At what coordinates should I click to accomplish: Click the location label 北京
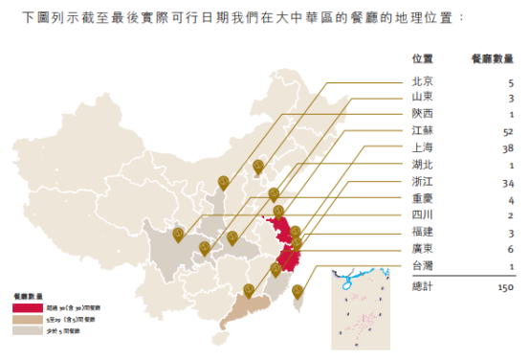(422, 81)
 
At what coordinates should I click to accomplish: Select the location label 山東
(422, 98)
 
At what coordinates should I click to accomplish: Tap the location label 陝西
(422, 114)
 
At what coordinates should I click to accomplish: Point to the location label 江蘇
(422, 131)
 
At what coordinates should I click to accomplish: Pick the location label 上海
(422, 147)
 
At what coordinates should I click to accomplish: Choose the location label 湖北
(422, 165)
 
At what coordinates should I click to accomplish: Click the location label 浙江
(422, 181)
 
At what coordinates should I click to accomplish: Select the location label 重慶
(422, 198)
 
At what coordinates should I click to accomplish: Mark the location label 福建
(422, 232)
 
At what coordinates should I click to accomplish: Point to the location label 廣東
(422, 248)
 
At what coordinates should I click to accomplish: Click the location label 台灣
(422, 265)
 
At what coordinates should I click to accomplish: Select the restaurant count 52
(508, 131)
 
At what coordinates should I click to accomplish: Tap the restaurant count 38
(508, 147)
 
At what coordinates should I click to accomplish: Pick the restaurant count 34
(508, 181)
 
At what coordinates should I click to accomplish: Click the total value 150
(506, 285)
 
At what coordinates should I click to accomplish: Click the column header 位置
(422, 57)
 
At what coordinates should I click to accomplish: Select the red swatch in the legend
(28, 310)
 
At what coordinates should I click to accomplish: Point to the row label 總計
(422, 285)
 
